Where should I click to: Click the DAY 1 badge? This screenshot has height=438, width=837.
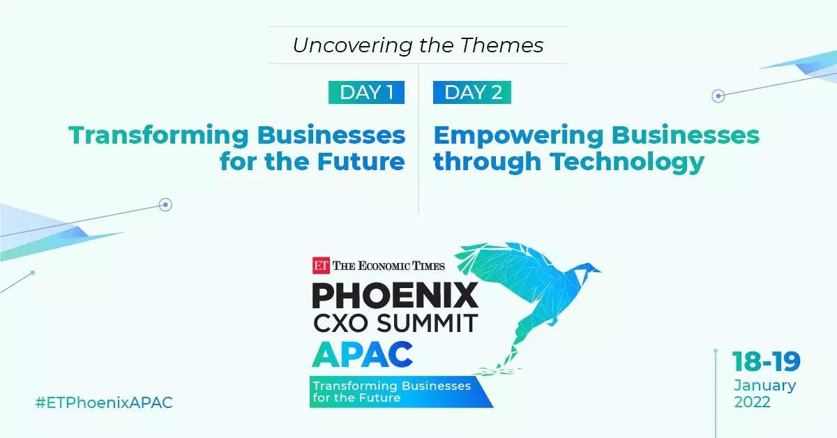(366, 92)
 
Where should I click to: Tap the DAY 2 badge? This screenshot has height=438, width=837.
(472, 92)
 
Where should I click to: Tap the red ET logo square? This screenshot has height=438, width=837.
(320, 264)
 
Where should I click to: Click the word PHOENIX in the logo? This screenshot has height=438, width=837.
(395, 296)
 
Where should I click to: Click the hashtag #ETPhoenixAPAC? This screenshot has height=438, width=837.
(103, 403)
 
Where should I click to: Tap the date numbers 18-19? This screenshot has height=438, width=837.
(766, 362)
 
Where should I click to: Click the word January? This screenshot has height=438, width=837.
(764, 385)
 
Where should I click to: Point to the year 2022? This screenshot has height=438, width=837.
(752, 402)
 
